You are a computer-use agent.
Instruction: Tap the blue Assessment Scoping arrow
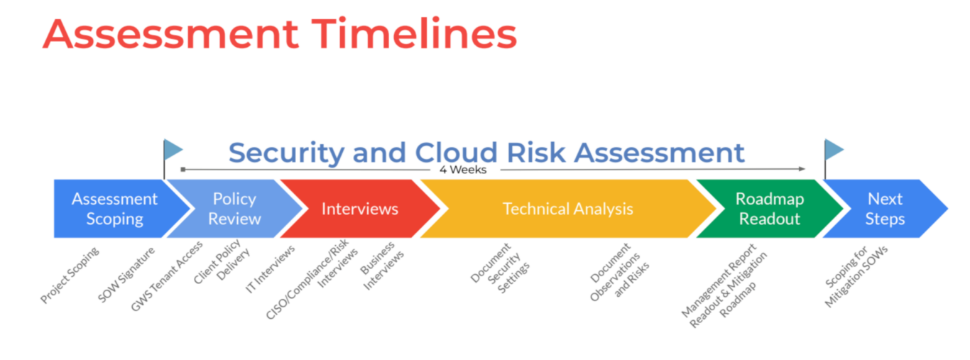click(114, 209)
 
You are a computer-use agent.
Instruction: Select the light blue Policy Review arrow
click(234, 209)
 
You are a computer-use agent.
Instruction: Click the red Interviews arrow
click(359, 209)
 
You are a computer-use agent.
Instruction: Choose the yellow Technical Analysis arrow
click(567, 209)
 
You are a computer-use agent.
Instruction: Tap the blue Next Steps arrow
click(885, 209)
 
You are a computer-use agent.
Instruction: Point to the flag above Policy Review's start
click(173, 149)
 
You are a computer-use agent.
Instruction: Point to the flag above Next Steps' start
click(833, 149)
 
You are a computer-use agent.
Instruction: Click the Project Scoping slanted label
click(70, 276)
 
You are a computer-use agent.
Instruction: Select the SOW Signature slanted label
click(126, 273)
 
